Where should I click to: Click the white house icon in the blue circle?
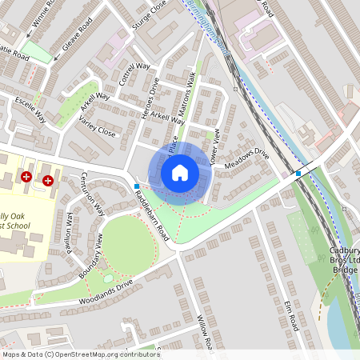click(x=180, y=172)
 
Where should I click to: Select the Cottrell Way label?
click(x=134, y=73)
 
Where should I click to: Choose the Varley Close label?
click(x=98, y=126)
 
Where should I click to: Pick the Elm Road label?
click(x=291, y=312)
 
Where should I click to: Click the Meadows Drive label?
click(x=246, y=158)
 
